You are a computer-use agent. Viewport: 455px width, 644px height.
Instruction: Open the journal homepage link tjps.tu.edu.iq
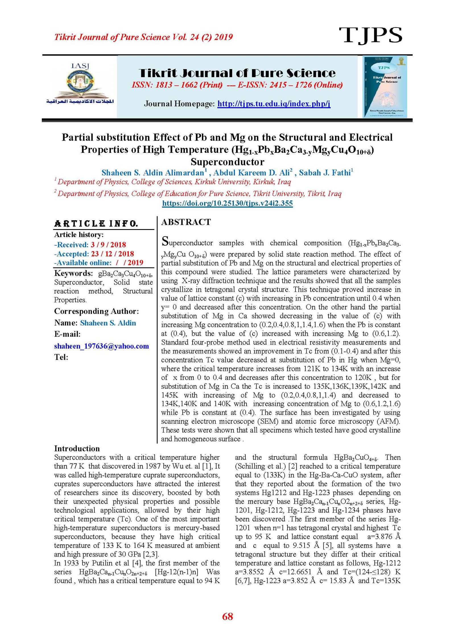coord(274,104)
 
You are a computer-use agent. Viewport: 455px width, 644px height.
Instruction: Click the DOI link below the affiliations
coord(227,203)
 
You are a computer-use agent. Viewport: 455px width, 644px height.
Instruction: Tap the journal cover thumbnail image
coord(385,87)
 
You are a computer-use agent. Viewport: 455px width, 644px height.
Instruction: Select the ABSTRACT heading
coord(186,222)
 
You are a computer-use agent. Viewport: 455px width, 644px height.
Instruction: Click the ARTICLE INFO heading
coord(96,224)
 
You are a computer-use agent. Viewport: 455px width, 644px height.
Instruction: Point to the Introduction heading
coord(77,448)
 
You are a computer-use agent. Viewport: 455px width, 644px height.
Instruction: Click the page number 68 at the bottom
coord(227,616)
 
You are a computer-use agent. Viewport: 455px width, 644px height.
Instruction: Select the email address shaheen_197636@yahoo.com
coord(102,346)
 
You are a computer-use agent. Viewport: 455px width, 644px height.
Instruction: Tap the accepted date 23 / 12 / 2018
coord(112,254)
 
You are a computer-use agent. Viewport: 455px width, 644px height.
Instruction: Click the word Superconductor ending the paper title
coord(227,162)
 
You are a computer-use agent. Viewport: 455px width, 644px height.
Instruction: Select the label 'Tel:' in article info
coord(61,357)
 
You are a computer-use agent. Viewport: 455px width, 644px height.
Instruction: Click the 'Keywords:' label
coord(73,273)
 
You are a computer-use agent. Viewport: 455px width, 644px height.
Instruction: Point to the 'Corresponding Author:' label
coord(96,311)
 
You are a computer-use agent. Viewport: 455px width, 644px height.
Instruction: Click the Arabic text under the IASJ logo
coord(80,102)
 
